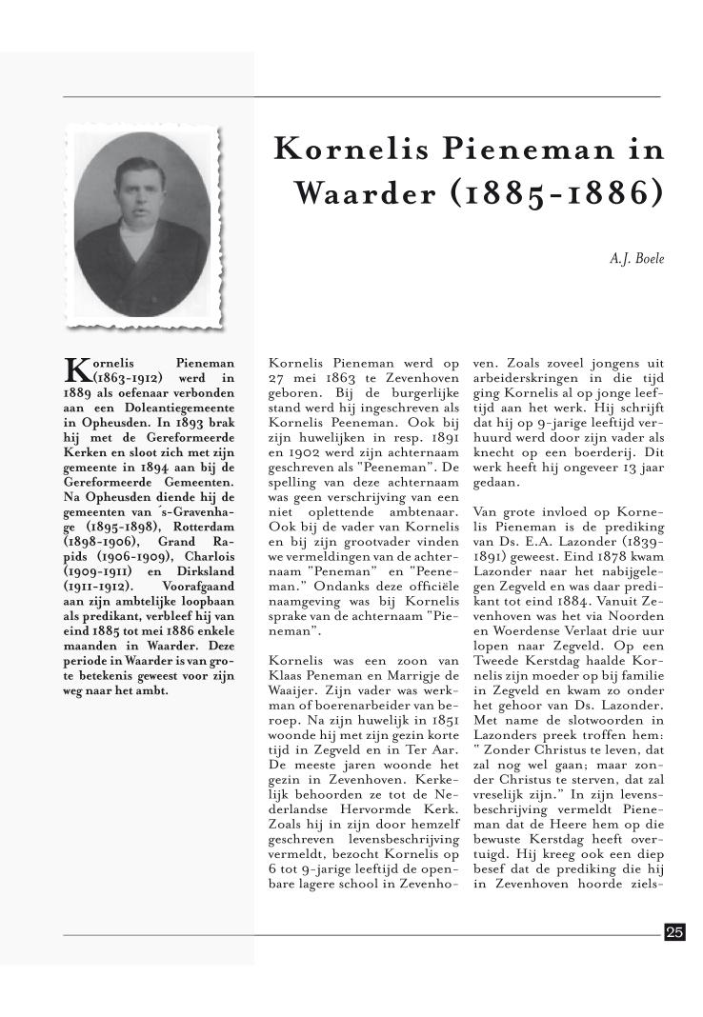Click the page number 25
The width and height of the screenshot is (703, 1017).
coord(674,932)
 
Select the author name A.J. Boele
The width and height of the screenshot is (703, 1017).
coord(636,257)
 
